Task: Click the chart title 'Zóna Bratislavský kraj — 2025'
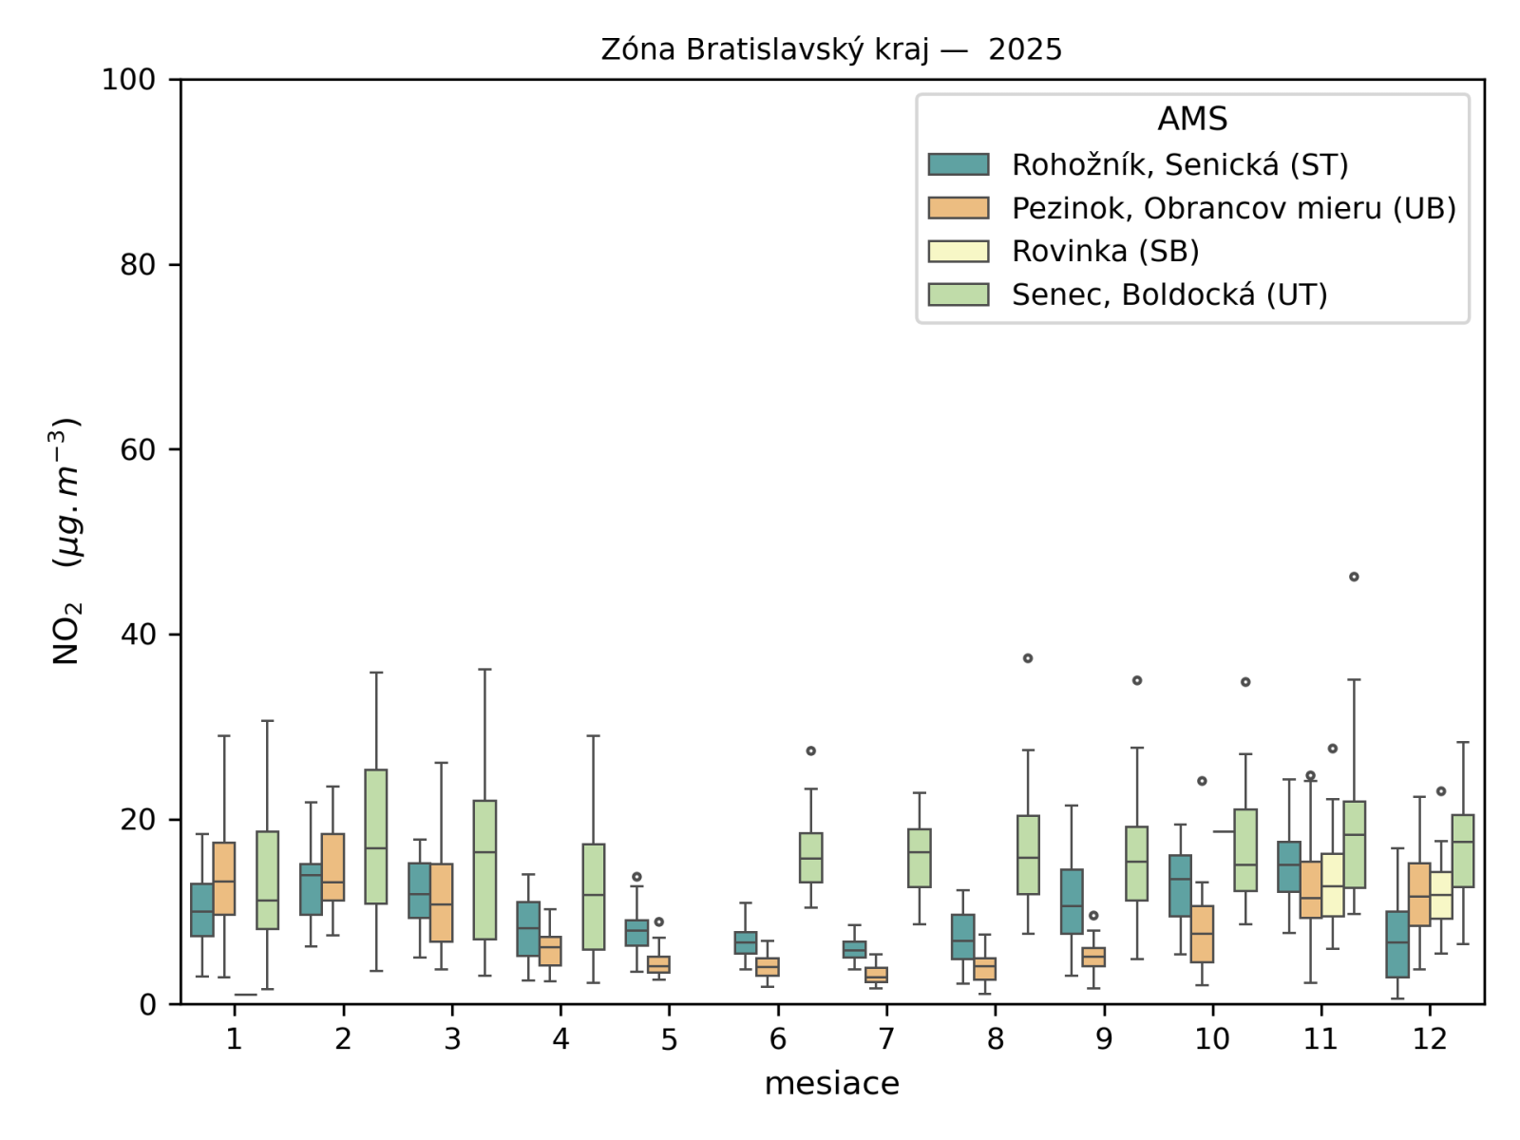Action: [831, 49]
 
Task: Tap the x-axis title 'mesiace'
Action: [831, 1083]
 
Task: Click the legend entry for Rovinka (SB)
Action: [1105, 251]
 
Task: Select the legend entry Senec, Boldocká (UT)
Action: [1168, 294]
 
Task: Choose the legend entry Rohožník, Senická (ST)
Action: [1179, 164]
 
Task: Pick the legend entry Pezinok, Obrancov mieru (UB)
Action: [1233, 208]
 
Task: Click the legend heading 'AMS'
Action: [1192, 119]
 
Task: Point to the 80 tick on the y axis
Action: [138, 264]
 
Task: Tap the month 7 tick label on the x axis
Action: [886, 1038]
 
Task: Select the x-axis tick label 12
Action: [1429, 1038]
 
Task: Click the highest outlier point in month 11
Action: [1354, 577]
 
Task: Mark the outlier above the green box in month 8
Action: [1028, 658]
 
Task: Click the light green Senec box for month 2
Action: [376, 836]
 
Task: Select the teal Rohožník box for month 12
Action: [1396, 943]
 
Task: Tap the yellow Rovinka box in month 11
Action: [1332, 884]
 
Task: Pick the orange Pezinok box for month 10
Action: [1202, 934]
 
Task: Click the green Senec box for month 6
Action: [810, 858]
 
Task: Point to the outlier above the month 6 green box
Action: [810, 750]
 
